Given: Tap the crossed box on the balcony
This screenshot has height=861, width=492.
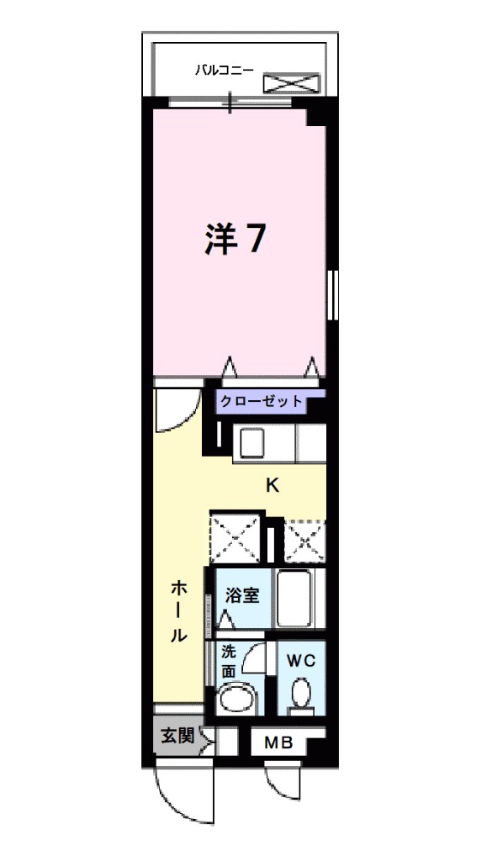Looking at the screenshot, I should click(x=292, y=82).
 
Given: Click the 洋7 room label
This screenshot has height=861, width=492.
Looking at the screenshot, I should click(x=236, y=240).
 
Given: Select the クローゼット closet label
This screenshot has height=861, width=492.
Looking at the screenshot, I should click(x=262, y=401).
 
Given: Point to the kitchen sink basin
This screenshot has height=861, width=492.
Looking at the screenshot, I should click(x=250, y=441).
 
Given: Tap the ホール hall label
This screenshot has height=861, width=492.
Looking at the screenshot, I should click(x=179, y=610).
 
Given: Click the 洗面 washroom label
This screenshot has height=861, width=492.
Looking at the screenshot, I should click(x=229, y=661).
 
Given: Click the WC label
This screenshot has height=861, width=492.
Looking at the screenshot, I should click(x=301, y=661).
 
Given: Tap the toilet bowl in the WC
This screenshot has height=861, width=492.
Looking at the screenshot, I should click(x=300, y=695).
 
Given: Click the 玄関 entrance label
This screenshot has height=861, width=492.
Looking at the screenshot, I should click(x=177, y=737).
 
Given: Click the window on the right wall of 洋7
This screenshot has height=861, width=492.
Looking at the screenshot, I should click(x=332, y=295).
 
